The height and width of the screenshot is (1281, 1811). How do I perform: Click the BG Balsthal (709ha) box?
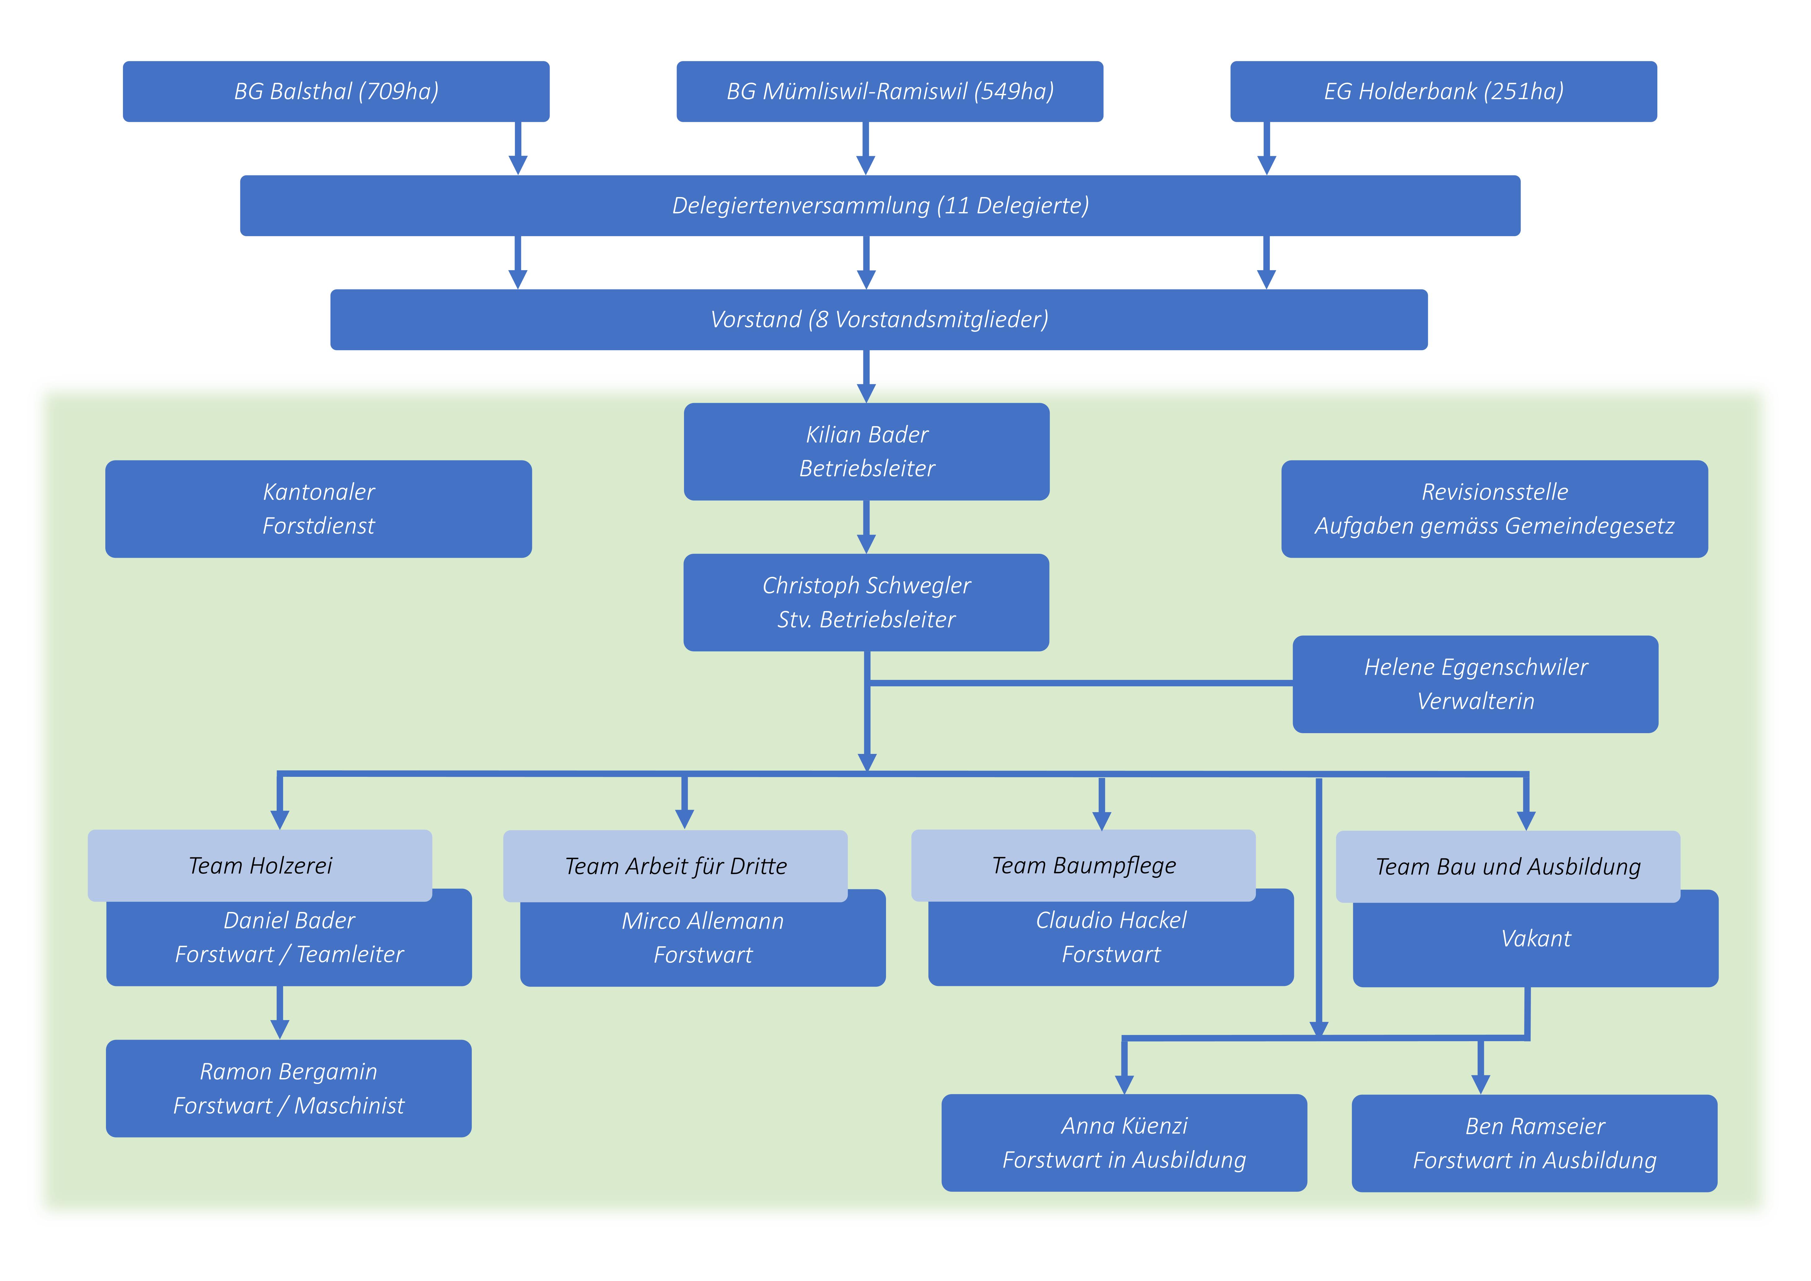coord(336,91)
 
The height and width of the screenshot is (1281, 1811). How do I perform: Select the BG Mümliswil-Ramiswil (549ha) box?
coord(890,91)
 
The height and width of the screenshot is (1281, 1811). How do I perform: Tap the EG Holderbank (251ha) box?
coord(1443,91)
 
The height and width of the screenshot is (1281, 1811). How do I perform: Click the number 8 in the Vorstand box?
coord(822,319)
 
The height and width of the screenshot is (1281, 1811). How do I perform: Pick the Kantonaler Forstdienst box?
coord(319,509)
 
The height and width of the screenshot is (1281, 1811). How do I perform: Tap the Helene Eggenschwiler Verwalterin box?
coord(1475,684)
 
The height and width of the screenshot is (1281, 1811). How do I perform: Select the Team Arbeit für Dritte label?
coord(675,866)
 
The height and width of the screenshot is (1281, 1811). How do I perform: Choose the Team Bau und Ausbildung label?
coord(1507,867)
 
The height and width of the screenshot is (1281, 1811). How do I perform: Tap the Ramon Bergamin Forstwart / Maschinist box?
coord(289,1089)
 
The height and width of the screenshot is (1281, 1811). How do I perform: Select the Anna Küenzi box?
coord(1124,1142)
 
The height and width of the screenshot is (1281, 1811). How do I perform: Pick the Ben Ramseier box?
coord(1534,1143)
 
